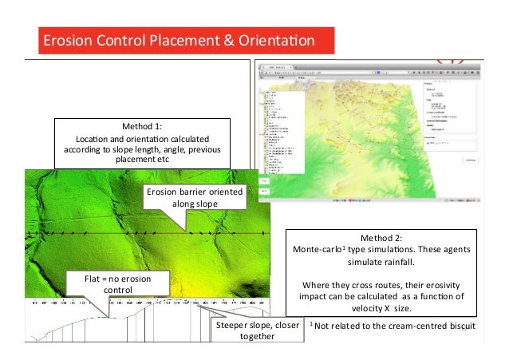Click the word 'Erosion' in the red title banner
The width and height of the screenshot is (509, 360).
pyautogui.click(x=65, y=40)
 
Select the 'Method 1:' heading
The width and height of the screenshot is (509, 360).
pyautogui.click(x=141, y=127)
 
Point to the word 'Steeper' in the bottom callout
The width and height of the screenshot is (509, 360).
pyautogui.click(x=234, y=326)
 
